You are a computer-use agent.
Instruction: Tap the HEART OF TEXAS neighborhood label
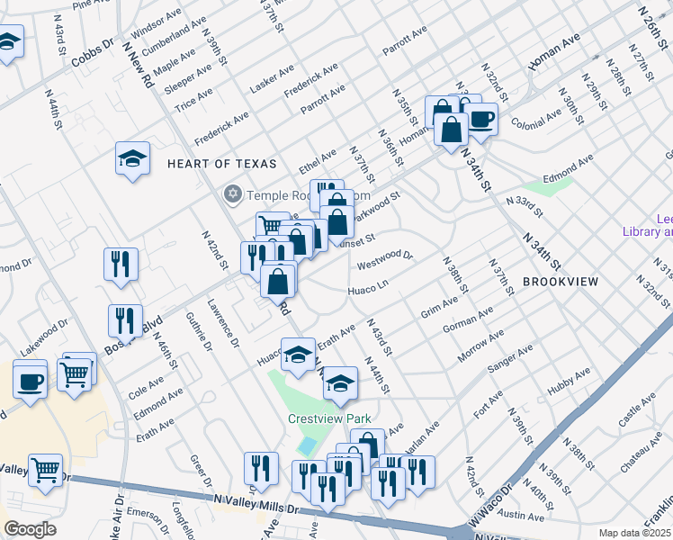point(212,163)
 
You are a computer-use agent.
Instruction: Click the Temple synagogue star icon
point(233,194)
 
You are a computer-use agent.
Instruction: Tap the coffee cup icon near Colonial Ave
point(480,119)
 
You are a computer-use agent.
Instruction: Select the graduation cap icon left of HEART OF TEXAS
point(133,159)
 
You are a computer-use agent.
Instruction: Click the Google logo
point(29,529)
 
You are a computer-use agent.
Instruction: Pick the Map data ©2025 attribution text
point(635,533)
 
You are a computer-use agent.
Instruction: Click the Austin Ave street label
point(523,517)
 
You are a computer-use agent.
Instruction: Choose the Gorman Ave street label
point(468,320)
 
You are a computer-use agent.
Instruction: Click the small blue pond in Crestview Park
point(308,445)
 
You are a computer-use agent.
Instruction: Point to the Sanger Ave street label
point(509,359)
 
